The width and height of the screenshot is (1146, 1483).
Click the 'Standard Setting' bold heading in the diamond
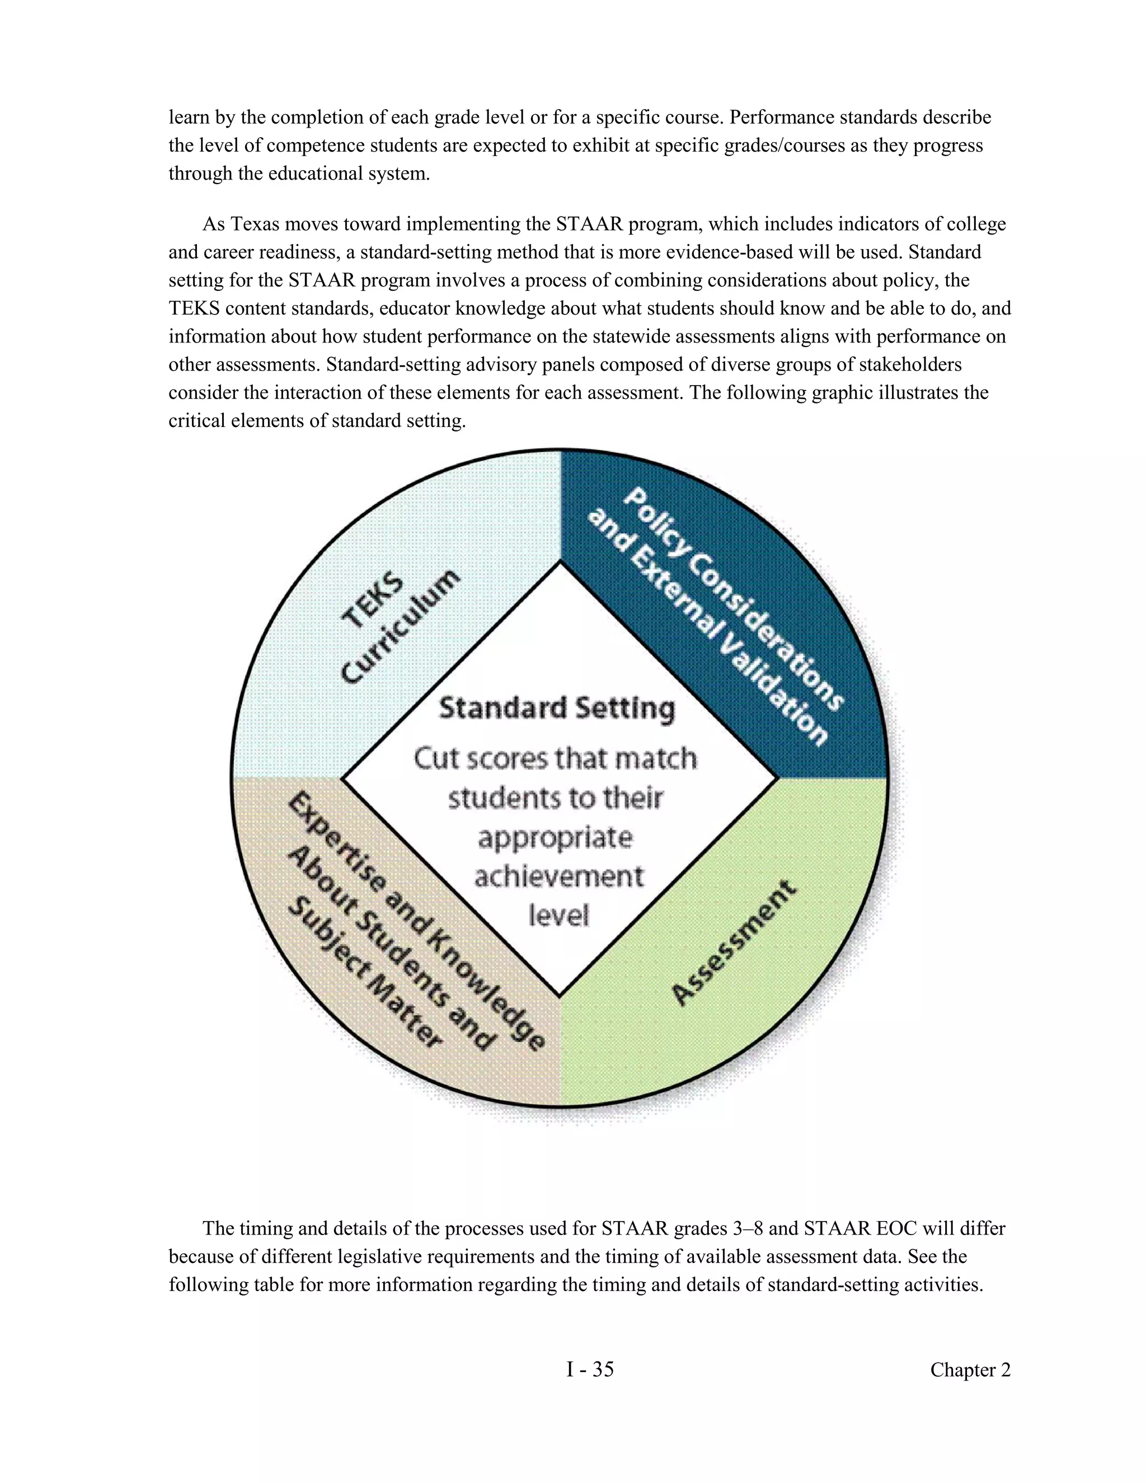(557, 708)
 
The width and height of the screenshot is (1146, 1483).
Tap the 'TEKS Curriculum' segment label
(399, 626)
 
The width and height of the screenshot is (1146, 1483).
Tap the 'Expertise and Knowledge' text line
(416, 922)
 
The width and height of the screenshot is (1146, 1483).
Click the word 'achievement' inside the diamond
(558, 876)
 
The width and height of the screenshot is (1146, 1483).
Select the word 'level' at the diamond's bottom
(558, 916)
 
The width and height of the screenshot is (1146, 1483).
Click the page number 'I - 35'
(590, 1369)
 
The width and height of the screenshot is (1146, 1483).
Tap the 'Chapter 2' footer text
(970, 1369)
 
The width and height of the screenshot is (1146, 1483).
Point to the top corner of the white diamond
(560, 562)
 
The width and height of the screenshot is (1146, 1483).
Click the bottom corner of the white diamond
(560, 997)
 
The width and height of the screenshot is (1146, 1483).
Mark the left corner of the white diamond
(341, 779)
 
